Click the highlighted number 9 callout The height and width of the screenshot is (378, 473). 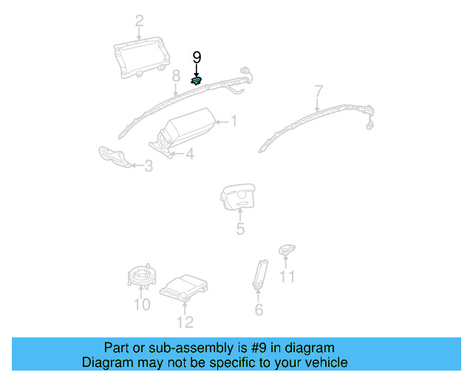pos(197,57)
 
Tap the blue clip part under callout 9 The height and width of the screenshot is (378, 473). pos(197,80)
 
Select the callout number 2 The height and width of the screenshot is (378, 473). pos(139,21)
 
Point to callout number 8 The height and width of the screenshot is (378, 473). pos(176,75)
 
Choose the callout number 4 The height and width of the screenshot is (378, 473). pos(189,154)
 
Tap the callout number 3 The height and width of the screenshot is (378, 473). pos(149,167)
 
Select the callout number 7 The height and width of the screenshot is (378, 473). pos(319,92)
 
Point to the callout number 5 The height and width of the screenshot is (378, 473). pos(240,230)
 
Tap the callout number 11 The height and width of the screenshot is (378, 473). pos(287,277)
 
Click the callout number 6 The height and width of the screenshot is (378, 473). pos(259,310)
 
